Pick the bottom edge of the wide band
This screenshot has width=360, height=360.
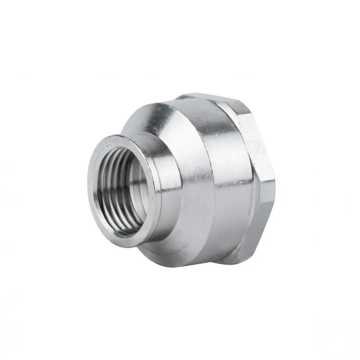(224, 262)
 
